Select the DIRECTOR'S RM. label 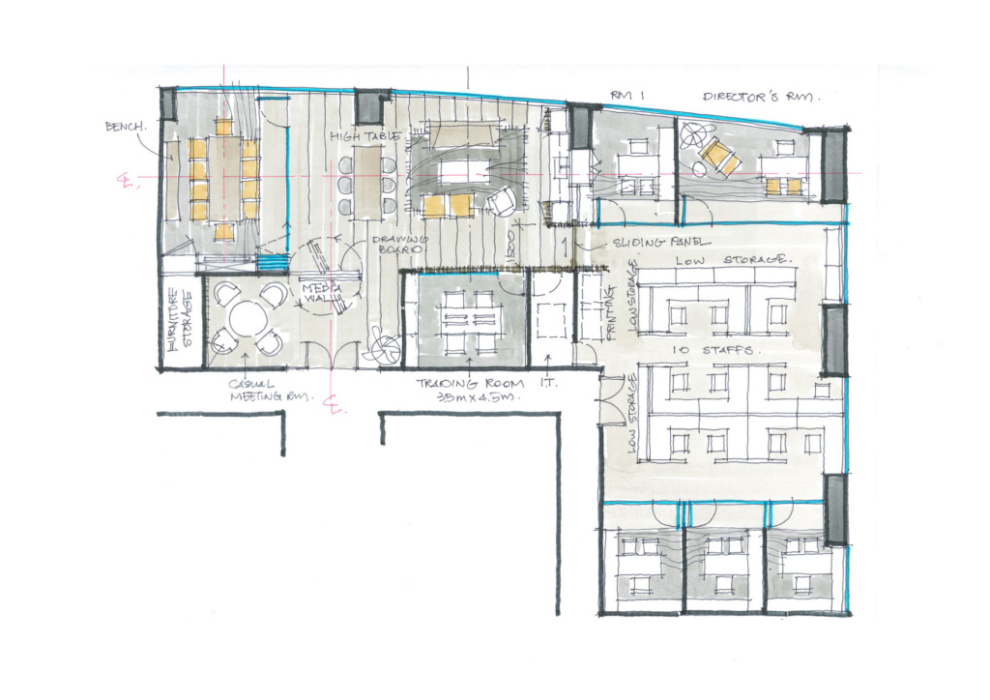coord(761,97)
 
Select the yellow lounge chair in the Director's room coord(719,155)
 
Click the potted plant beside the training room coord(380,348)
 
